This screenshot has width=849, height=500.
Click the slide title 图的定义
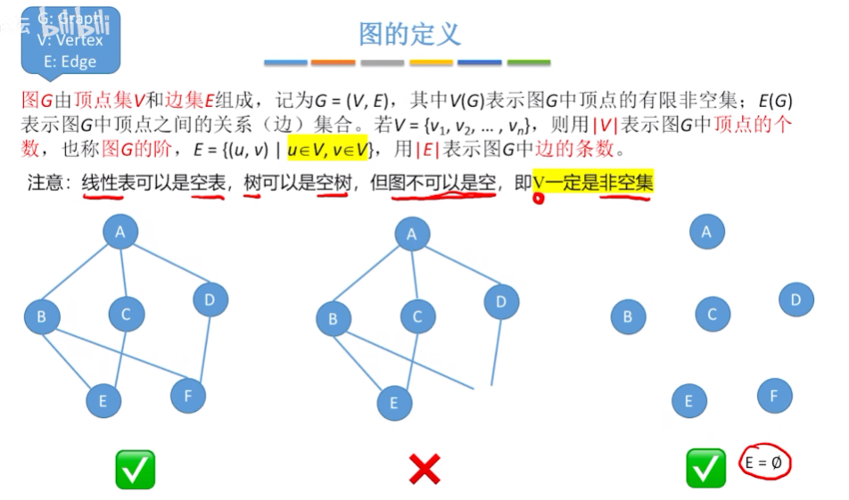click(x=409, y=35)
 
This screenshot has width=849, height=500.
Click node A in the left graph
click(x=120, y=233)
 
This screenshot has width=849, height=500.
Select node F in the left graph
click(x=187, y=396)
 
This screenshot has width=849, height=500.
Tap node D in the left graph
click(x=210, y=299)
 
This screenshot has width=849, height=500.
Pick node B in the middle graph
click(x=334, y=318)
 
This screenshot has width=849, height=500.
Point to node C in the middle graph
click(x=417, y=316)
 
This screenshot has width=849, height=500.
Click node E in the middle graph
click(x=393, y=403)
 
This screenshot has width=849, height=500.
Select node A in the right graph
click(x=707, y=232)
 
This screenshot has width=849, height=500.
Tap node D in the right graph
click(x=795, y=300)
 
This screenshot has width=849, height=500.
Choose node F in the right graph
click(x=774, y=396)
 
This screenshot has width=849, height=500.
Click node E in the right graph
click(x=688, y=401)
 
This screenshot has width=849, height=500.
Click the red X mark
click(x=424, y=468)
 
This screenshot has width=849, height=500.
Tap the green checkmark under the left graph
click(x=135, y=469)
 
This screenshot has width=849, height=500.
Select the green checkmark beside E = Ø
click(x=705, y=468)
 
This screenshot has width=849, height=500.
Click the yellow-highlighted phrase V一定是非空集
click(x=593, y=183)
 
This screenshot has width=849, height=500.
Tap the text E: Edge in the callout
click(x=70, y=61)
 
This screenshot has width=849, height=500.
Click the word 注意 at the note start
click(x=45, y=184)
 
